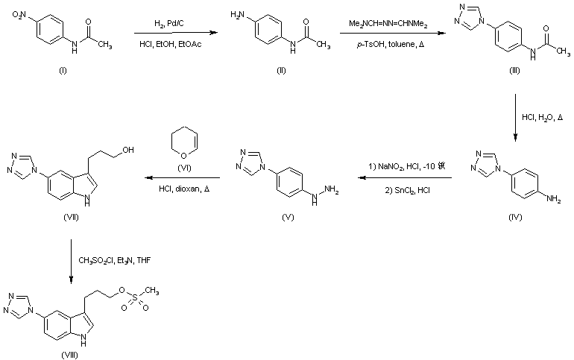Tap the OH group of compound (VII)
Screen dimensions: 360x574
click(130, 148)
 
